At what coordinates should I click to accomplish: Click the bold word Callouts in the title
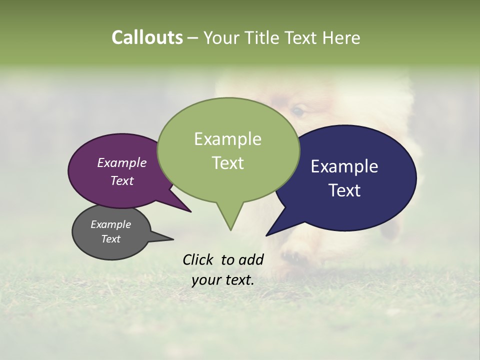pos(147,37)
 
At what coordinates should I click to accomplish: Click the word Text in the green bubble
pos(227,162)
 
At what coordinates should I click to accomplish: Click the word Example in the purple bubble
pos(121,162)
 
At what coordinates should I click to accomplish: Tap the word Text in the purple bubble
pos(121,180)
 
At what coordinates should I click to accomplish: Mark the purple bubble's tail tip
pos(190,211)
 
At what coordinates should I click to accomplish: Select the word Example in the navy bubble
pos(344,166)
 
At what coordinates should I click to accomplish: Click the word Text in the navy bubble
pos(344,190)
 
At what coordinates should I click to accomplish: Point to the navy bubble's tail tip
pos(266,235)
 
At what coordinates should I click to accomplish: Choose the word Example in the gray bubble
pos(110,224)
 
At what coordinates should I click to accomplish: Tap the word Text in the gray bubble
pos(110,239)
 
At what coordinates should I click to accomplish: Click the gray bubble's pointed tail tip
pos(173,239)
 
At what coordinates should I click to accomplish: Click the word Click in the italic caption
pos(198,259)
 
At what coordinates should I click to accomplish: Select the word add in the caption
pos(251,259)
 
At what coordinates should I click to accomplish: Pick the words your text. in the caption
pos(222,280)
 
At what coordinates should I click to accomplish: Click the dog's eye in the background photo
pos(297,111)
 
